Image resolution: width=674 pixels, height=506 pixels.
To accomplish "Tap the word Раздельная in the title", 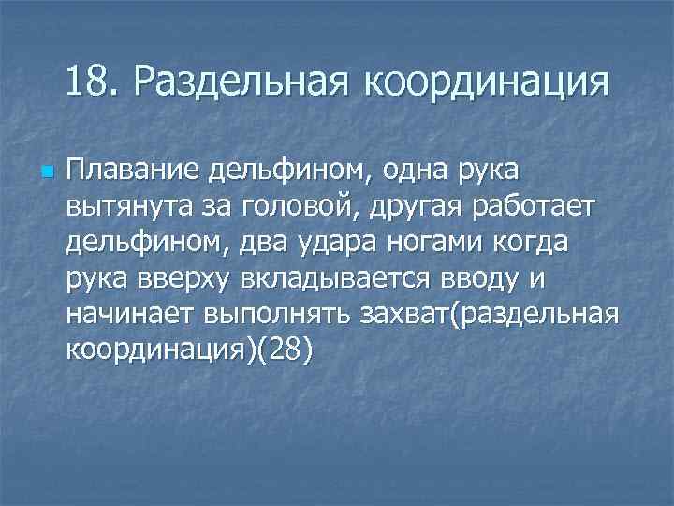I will click(x=240, y=84).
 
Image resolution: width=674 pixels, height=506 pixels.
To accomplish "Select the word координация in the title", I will click(x=486, y=84).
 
